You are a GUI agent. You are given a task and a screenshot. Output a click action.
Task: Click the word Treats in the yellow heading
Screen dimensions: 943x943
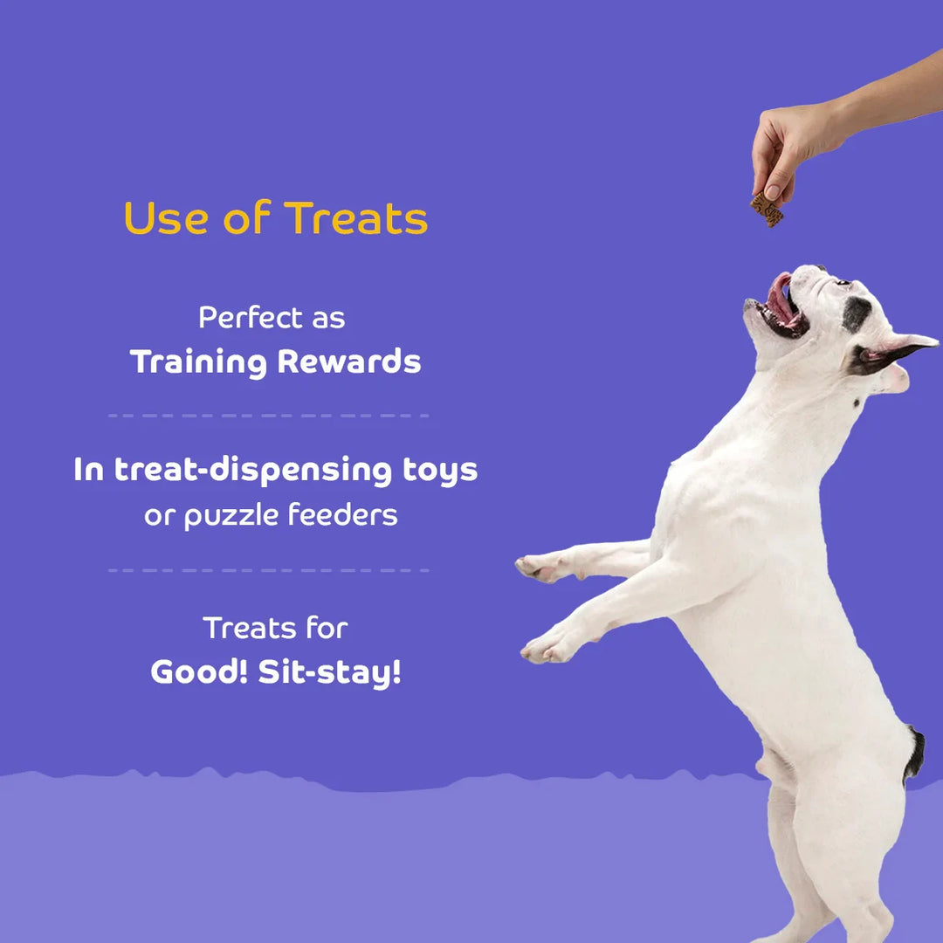(x=356, y=218)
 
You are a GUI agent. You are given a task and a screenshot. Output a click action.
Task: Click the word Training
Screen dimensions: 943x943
(x=198, y=362)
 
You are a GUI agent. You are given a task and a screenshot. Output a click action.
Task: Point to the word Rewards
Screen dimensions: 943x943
(x=349, y=362)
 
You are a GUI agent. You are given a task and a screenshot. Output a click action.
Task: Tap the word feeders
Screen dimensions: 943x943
(x=344, y=515)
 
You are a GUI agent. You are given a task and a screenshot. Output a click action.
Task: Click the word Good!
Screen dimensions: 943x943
(x=199, y=672)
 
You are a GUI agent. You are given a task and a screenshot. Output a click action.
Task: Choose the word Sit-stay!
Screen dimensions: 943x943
(x=330, y=672)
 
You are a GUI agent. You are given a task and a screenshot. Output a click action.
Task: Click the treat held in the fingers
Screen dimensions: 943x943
(x=767, y=210)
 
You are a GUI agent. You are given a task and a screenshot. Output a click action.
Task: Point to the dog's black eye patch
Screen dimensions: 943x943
(x=856, y=313)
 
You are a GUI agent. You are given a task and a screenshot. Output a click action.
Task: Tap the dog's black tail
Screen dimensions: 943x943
(x=914, y=753)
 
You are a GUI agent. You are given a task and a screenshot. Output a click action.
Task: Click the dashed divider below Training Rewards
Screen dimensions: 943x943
(x=268, y=416)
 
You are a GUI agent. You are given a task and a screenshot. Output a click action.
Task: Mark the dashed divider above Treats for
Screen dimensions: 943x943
(x=268, y=570)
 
